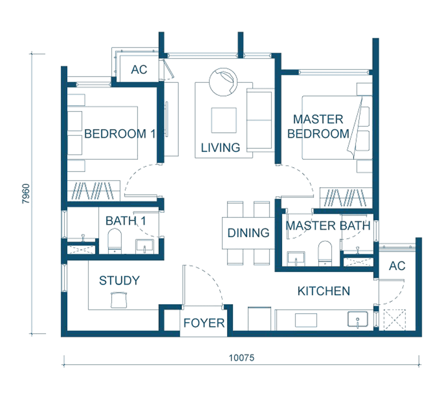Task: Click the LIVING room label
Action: coord(220,147)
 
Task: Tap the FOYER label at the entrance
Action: coord(204,323)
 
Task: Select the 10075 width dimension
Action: coord(241,358)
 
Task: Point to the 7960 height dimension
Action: coord(26,194)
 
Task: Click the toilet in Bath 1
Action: coord(114,241)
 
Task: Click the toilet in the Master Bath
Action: coord(324,253)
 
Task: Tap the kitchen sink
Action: coord(358,319)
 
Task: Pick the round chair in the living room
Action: coord(223,82)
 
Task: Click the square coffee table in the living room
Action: coord(224,121)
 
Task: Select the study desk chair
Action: coord(119,300)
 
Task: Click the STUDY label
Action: coord(119,280)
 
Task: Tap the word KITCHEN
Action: coord(324,291)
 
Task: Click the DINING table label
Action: coord(248,233)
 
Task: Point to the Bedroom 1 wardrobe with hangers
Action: coord(94,191)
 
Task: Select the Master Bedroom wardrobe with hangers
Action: coord(346,198)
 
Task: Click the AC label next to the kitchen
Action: coord(397,266)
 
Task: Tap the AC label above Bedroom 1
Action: coord(139,70)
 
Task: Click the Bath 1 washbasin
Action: coord(145,247)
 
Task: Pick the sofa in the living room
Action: coord(260,120)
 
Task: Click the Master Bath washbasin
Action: coord(296,259)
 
